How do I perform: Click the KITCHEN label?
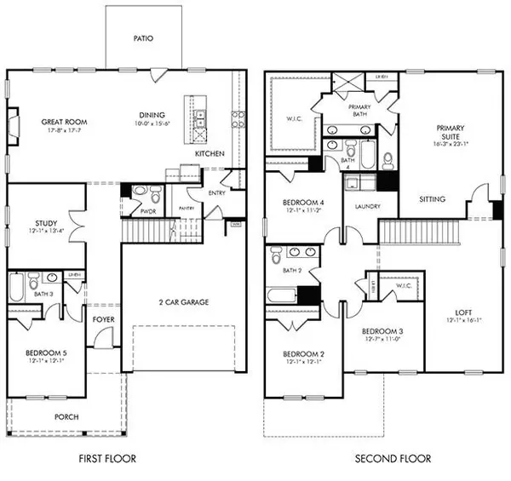pos(210,154)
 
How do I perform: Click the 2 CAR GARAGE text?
pos(184,301)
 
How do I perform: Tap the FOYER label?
pos(104,319)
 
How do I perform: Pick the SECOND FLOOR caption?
pos(393,459)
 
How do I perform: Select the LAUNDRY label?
pos(360,206)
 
